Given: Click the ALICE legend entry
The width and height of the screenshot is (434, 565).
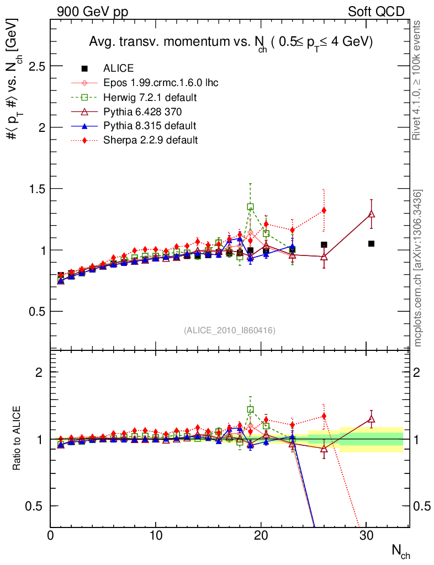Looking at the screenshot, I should click(118, 68).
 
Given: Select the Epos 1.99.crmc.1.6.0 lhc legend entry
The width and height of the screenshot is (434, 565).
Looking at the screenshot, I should click(161, 83).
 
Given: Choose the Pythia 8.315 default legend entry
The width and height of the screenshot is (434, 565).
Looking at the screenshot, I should click(150, 126).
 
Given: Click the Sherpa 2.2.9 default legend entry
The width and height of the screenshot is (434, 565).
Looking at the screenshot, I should click(150, 140).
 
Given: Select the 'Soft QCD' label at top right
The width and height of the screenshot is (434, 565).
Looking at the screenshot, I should click(376, 12).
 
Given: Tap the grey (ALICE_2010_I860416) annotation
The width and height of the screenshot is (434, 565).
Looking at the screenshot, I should click(229, 331).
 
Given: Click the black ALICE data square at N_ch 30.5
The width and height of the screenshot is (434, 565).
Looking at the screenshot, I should click(372, 243).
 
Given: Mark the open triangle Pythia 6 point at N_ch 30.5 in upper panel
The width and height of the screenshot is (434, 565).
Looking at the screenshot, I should click(372, 214).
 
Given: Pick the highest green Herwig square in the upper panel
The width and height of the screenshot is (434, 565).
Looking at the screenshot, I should click(250, 207).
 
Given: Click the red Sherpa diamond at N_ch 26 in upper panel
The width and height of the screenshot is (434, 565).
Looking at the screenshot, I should click(324, 210).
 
